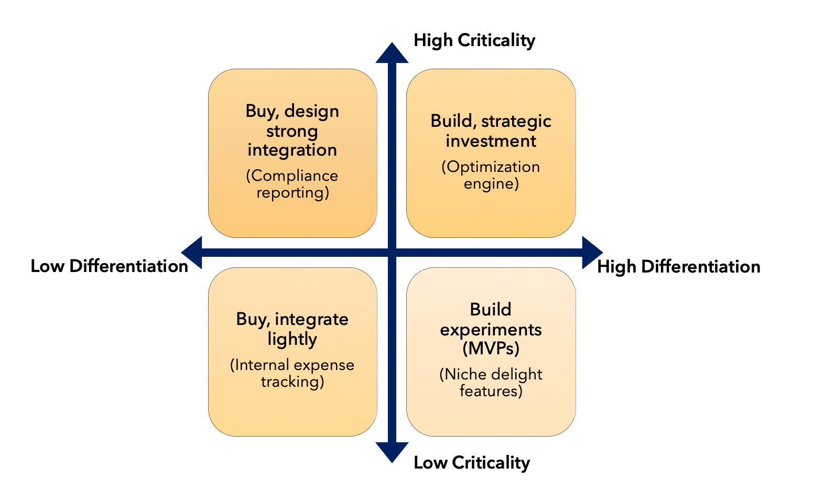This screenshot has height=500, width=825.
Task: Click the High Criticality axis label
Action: [x=474, y=40]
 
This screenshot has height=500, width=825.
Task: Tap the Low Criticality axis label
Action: [x=471, y=462]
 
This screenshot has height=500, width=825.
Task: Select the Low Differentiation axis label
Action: [x=109, y=266]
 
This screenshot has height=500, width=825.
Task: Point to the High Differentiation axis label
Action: [x=678, y=266]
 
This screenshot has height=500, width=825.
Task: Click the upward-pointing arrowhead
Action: [x=392, y=53]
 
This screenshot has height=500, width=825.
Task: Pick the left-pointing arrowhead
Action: [x=192, y=253]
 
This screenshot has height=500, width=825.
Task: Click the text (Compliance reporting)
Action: [x=292, y=184]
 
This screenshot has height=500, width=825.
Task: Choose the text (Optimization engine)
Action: [x=491, y=175]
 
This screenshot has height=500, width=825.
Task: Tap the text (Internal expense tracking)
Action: [x=292, y=373]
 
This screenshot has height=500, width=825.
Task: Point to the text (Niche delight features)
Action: [x=491, y=382]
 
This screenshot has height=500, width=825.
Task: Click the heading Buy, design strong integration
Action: [x=292, y=130]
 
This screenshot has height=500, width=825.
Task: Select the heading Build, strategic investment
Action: [x=491, y=131]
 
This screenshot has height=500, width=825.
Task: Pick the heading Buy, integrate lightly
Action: [x=292, y=329]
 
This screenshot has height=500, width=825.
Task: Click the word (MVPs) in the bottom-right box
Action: [x=491, y=348]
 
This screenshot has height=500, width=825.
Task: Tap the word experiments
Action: [x=491, y=329]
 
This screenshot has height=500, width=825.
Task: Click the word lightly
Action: [x=292, y=339]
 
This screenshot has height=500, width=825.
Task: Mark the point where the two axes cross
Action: [x=392, y=253]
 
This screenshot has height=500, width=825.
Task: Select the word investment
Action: [x=491, y=141]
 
